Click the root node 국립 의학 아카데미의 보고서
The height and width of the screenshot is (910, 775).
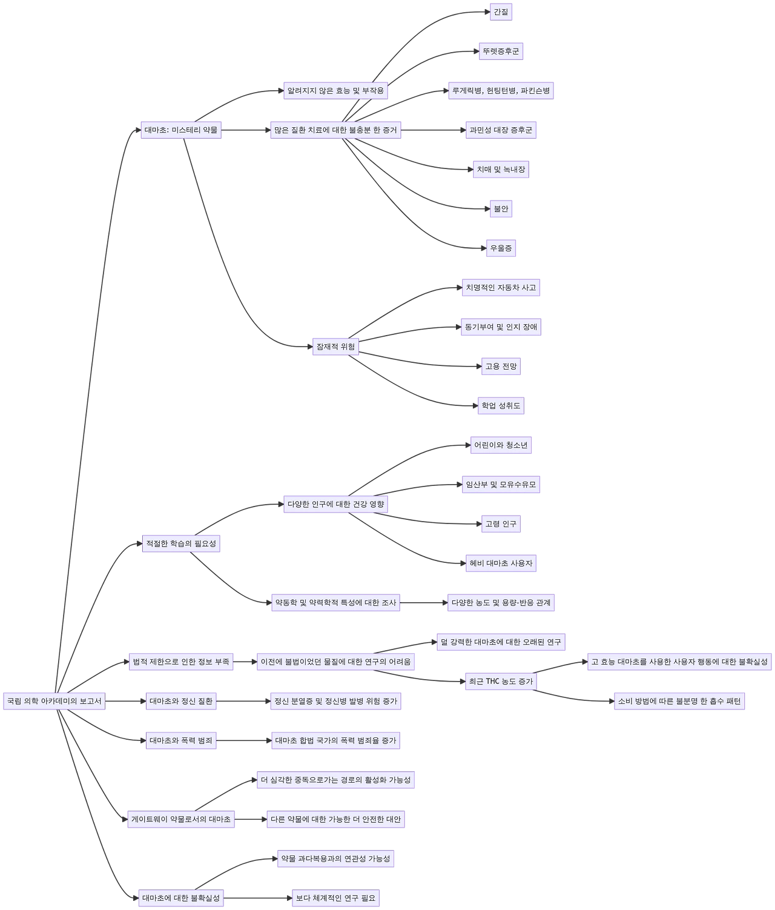tap(53, 701)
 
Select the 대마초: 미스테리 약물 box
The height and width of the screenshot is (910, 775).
tap(181, 130)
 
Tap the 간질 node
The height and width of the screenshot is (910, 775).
tap(501, 12)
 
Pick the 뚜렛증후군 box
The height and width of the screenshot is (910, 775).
tap(501, 51)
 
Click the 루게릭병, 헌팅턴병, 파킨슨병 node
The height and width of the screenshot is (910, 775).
tap(501, 91)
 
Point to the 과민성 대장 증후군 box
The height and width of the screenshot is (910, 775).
tap(501, 130)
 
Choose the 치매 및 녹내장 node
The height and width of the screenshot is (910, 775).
tap(501, 170)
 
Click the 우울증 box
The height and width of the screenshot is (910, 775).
tap(501, 248)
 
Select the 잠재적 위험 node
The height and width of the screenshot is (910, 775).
tap(335, 347)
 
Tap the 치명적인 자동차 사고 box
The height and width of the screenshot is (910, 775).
tap(501, 287)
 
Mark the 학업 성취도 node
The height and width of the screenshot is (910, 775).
tap(501, 405)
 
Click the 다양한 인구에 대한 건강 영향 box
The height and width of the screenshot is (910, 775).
tap(335, 504)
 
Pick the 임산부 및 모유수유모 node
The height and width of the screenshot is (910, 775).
tap(501, 484)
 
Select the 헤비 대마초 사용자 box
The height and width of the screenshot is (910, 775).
tap(501, 563)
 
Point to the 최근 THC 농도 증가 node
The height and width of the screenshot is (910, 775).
tap(501, 682)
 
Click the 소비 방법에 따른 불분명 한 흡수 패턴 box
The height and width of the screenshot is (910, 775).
tap(679, 701)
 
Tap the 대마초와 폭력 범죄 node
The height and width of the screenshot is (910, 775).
tap(181, 740)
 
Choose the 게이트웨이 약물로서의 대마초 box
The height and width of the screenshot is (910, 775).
tap(181, 819)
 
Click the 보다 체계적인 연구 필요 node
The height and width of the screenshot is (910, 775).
tap(335, 898)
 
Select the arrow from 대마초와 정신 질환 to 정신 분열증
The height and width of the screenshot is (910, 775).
tap(242, 702)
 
